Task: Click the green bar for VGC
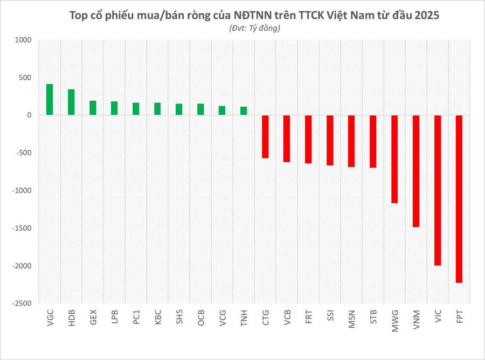coord(50,100)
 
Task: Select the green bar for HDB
coord(71,102)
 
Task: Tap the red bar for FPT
coord(459,199)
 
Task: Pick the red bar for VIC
coord(438,190)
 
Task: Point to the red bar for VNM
coord(416,171)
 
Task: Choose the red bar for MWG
coord(394,159)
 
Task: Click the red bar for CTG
coord(265,137)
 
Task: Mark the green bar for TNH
coord(244,111)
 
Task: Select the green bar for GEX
coord(93,108)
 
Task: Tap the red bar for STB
coord(373,141)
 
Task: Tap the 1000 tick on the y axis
coord(24,40)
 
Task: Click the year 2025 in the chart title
coord(427,16)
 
